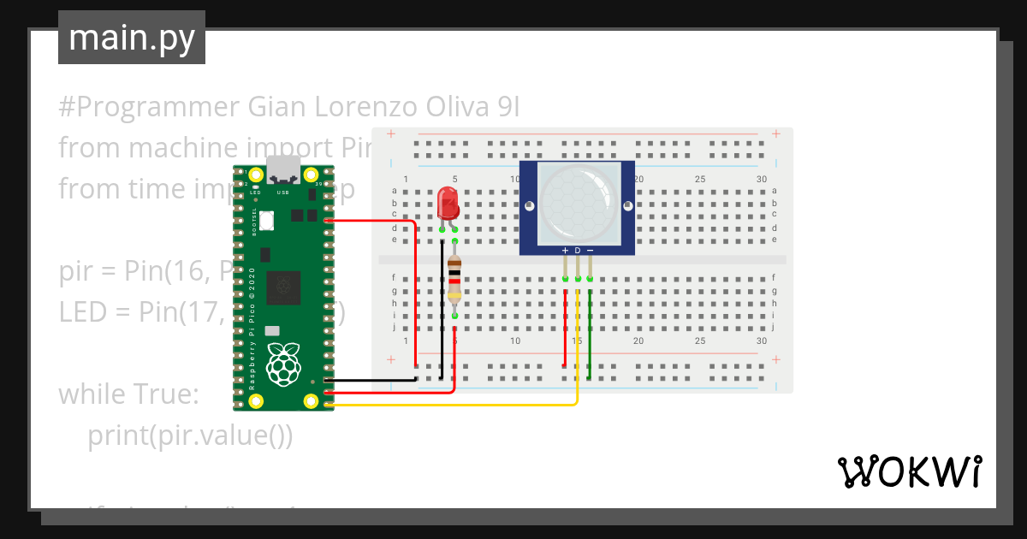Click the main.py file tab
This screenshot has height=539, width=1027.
[131, 38]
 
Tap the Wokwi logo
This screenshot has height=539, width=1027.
[909, 471]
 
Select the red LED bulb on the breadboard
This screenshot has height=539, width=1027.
[448, 204]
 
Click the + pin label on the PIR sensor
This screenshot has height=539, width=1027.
[565, 250]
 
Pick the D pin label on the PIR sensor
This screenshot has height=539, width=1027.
[578, 250]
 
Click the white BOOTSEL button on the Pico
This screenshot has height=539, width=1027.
[266, 220]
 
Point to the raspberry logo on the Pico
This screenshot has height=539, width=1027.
[283, 363]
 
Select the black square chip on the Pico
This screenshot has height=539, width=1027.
[283, 287]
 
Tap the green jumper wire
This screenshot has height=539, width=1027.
[590, 334]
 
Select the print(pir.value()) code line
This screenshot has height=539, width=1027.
[190, 435]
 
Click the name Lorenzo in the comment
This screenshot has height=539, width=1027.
[366, 107]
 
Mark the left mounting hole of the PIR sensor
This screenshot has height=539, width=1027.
[530, 206]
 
